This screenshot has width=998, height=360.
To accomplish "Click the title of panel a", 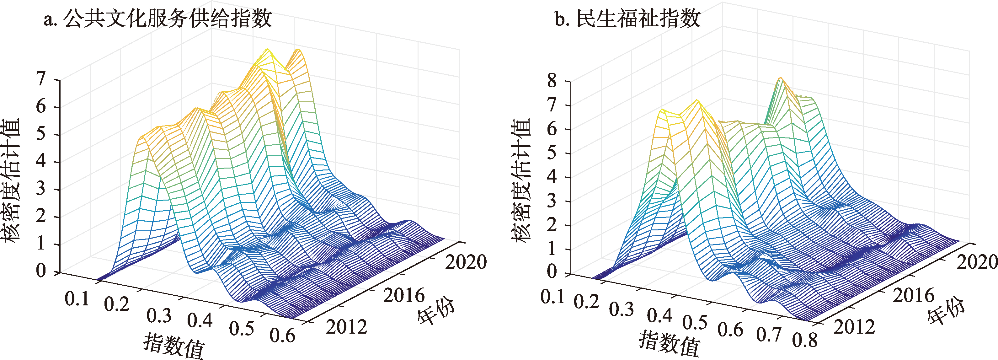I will coord(158,18).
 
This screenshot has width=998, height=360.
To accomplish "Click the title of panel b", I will coord(627,18).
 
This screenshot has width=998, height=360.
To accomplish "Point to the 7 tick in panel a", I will coord(41,79).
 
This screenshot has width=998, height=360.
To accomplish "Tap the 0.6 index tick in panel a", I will coord(282,336).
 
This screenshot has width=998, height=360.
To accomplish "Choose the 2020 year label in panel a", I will coord(466,262).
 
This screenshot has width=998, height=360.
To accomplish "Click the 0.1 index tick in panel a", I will coord(77,299).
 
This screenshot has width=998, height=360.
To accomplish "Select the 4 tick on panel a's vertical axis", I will coord(41,162).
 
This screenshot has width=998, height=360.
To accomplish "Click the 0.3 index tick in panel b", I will coord(621,309).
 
